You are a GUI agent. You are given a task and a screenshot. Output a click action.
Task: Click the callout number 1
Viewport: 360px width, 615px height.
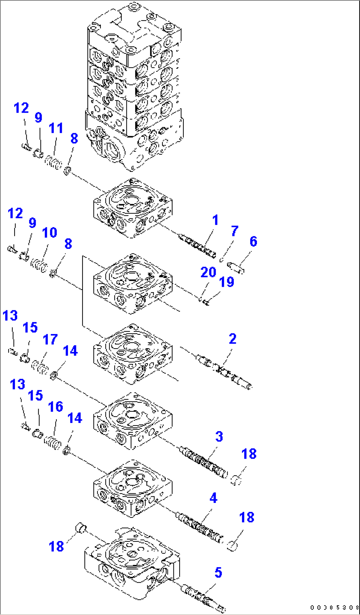click(215, 220)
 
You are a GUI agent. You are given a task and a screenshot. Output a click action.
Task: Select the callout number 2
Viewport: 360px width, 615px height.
click(233, 339)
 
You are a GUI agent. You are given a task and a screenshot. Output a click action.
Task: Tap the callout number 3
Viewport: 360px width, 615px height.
click(219, 437)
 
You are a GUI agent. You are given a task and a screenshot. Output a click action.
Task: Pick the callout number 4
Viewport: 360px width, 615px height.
click(213, 498)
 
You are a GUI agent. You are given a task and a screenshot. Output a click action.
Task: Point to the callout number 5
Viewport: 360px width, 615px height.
click(218, 573)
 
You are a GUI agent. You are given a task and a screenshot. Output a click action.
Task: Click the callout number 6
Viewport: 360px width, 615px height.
click(253, 242)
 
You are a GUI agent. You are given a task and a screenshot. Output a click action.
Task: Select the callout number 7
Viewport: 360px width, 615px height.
click(234, 231)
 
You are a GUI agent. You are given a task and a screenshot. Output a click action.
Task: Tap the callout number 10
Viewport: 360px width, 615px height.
click(50, 233)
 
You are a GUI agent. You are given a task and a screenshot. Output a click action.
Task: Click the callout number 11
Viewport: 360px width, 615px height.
click(56, 128)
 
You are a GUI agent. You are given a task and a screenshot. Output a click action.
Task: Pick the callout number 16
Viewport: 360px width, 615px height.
click(55, 407)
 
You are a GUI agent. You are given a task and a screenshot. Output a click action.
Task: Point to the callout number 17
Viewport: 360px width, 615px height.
click(50, 339)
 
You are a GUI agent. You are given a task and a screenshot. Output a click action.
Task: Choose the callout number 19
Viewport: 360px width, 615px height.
click(227, 282)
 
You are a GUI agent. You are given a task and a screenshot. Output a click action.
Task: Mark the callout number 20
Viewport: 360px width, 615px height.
click(208, 272)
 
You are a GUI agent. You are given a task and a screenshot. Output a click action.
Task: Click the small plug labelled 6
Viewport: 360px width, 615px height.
click(236, 267)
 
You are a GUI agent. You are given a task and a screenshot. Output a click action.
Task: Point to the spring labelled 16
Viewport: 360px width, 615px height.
click(53, 442)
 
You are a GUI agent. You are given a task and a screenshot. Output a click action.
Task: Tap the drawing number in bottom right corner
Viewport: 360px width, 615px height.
click(334, 607)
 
